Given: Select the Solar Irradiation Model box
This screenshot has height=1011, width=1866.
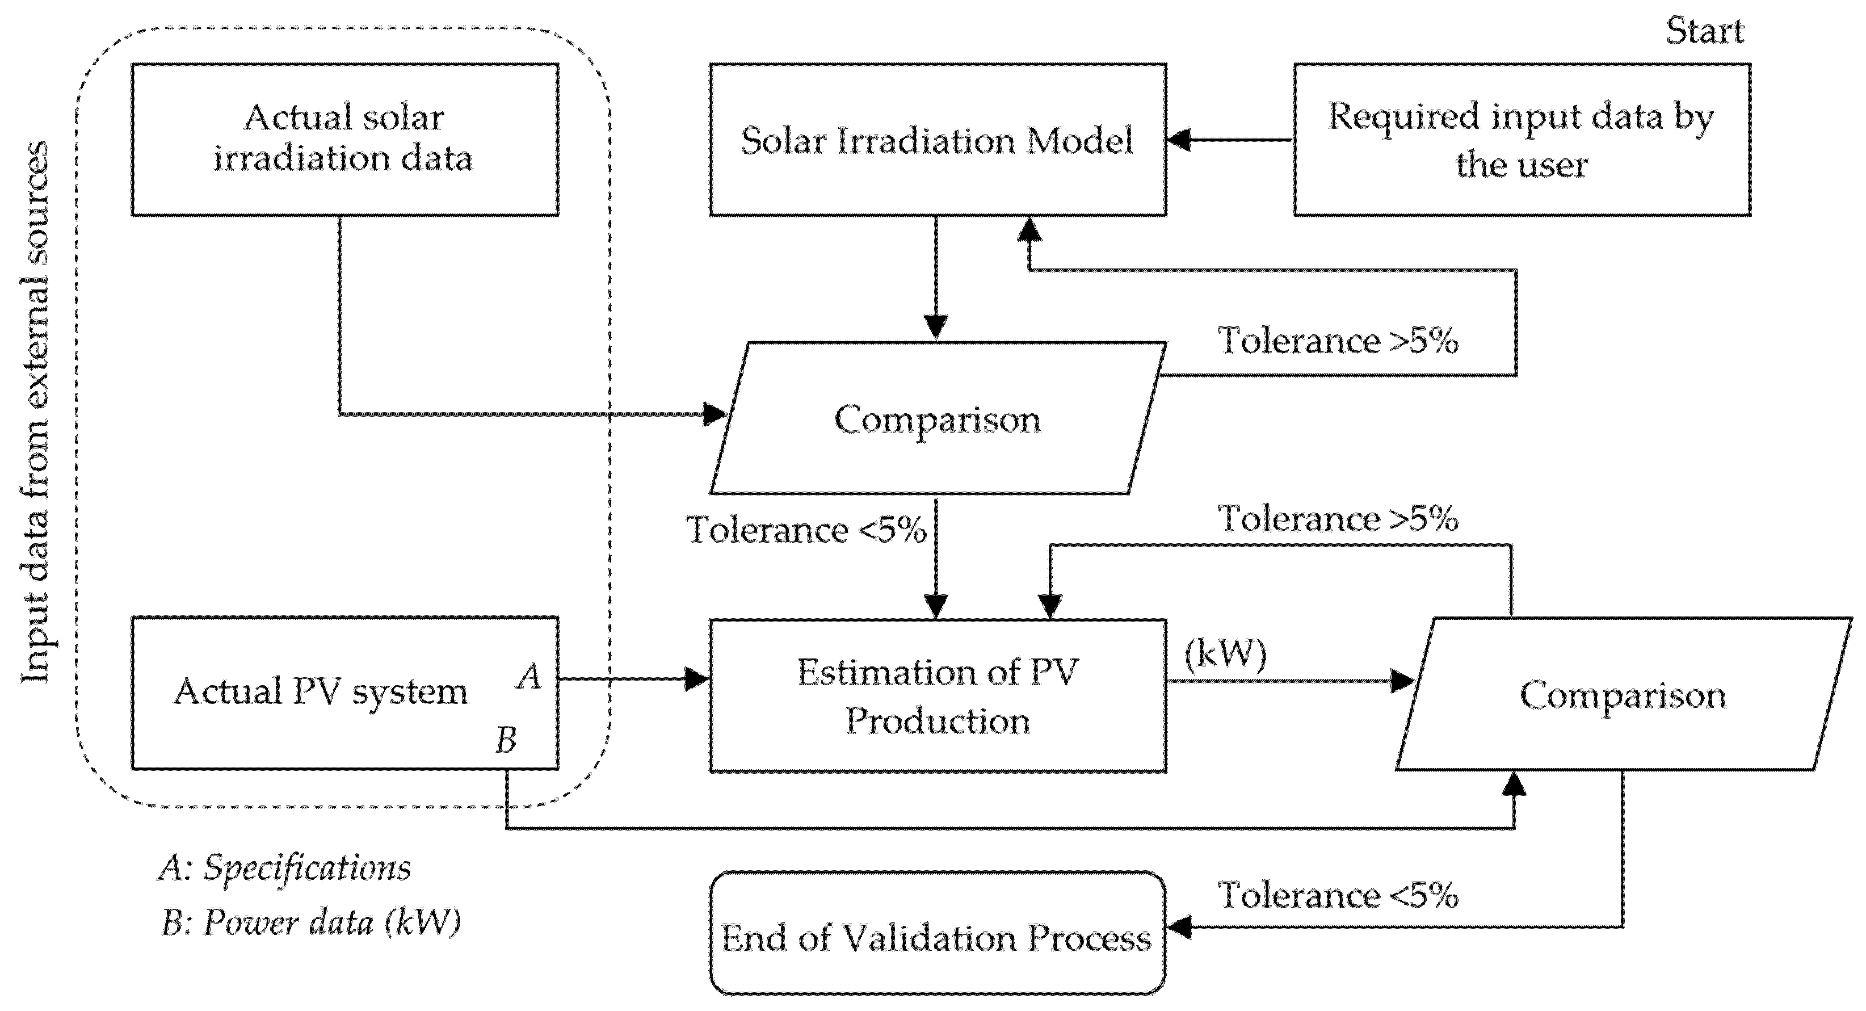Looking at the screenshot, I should (x=938, y=140).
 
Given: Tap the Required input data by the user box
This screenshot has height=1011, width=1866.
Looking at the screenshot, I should (x=1521, y=140).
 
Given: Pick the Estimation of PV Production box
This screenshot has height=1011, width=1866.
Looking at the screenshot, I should (x=938, y=696).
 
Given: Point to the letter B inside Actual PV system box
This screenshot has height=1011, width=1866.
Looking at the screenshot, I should (x=506, y=741).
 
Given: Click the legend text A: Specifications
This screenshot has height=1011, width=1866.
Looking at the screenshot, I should (x=285, y=867).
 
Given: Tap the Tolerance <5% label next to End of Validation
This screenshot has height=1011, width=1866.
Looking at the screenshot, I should (x=1337, y=896).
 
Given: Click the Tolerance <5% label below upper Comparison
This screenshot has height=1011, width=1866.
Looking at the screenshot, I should (x=805, y=530).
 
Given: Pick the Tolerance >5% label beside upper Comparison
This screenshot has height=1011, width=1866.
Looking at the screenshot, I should (x=1337, y=341).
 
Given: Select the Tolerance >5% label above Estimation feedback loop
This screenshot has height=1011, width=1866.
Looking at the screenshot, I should (x=1337, y=519).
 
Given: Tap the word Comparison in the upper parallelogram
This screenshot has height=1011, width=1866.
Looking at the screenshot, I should (x=938, y=419).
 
